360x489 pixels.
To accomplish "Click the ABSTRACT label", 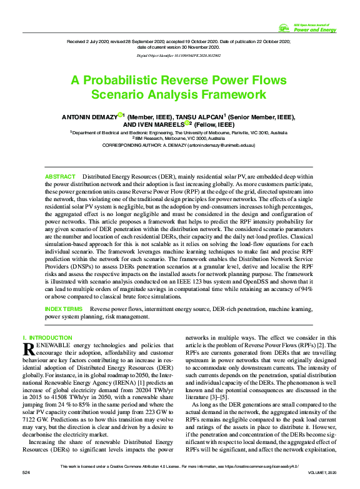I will point(60,177).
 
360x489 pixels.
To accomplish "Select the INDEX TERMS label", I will point(64,309).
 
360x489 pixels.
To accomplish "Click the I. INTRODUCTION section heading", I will point(47,338).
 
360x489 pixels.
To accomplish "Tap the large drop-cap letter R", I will point(29,348).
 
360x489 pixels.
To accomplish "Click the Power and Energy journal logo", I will point(307,27).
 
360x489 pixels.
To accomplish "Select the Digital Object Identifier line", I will point(179,56).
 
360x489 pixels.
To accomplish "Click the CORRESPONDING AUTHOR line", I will point(179,144).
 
